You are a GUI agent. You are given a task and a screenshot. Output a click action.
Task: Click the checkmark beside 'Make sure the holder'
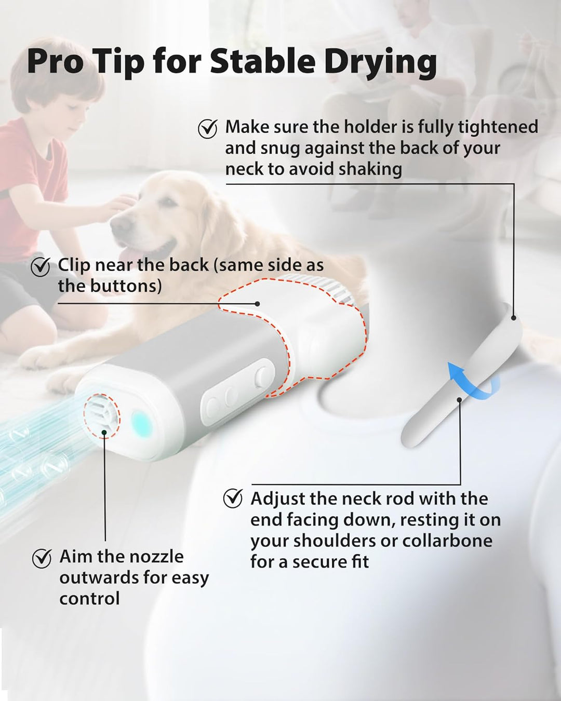pos(208,129)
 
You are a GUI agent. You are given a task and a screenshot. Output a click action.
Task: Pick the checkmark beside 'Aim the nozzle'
pos(42,558)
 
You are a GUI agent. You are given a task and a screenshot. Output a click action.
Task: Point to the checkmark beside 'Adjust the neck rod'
pos(232,499)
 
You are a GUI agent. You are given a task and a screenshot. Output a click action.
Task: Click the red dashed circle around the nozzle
pos(102,415)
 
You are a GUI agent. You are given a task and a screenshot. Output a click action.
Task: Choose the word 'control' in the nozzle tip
pos(89,598)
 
